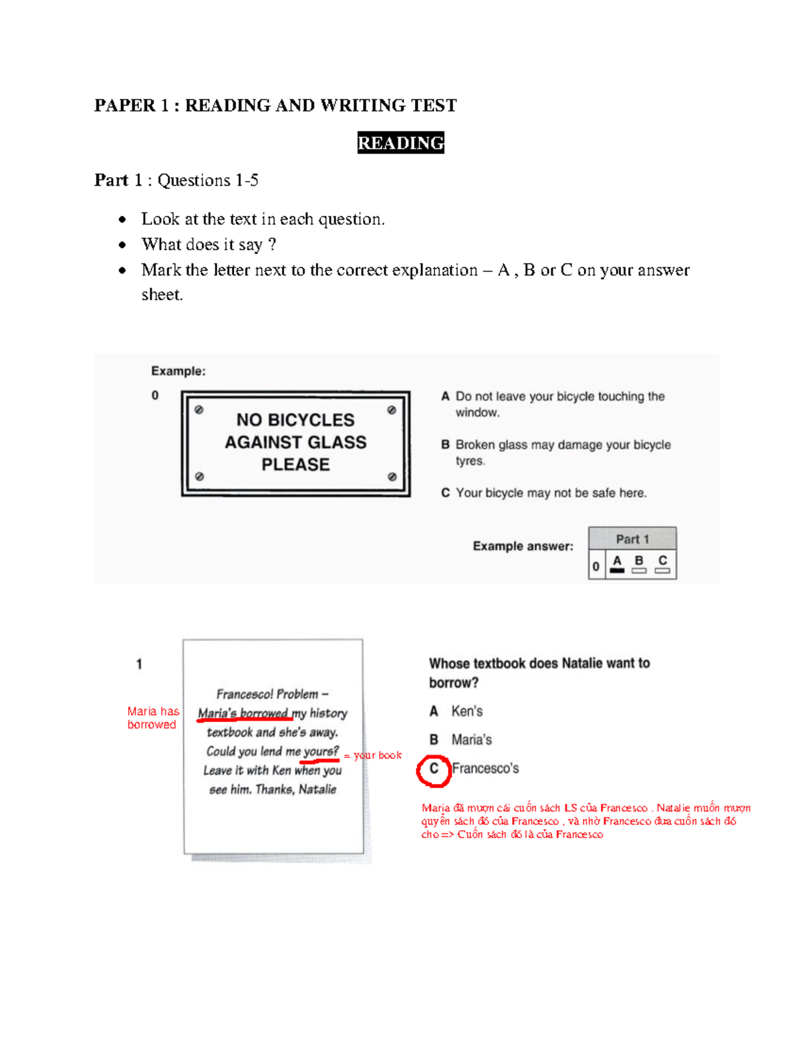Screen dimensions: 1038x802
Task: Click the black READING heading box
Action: pyautogui.click(x=400, y=143)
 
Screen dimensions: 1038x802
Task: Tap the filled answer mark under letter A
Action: pyautogui.click(x=618, y=571)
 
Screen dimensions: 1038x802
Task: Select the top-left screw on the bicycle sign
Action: pyautogui.click(x=199, y=410)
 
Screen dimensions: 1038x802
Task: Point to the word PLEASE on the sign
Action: pyautogui.click(x=295, y=465)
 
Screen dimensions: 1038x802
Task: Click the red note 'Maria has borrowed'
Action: pyautogui.click(x=152, y=718)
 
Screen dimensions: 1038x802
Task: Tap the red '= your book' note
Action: pyautogui.click(x=373, y=755)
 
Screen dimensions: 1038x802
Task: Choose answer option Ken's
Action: pyautogui.click(x=466, y=711)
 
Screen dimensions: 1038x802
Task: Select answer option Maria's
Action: pyautogui.click(x=471, y=740)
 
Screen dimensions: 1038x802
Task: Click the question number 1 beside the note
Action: pyautogui.click(x=139, y=664)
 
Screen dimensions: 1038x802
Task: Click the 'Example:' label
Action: pyautogui.click(x=178, y=371)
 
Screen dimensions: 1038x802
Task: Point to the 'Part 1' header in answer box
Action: pyautogui.click(x=632, y=539)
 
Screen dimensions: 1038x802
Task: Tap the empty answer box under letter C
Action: pyautogui.click(x=662, y=571)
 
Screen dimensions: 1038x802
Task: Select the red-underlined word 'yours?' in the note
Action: pyautogui.click(x=321, y=751)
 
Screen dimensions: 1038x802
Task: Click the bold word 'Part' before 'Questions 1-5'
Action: pyautogui.click(x=111, y=180)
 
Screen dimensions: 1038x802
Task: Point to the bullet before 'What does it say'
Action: pyautogui.click(x=122, y=245)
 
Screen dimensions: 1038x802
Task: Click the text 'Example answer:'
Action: pyautogui.click(x=523, y=546)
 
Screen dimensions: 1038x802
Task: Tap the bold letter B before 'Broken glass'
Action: pyautogui.click(x=445, y=444)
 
